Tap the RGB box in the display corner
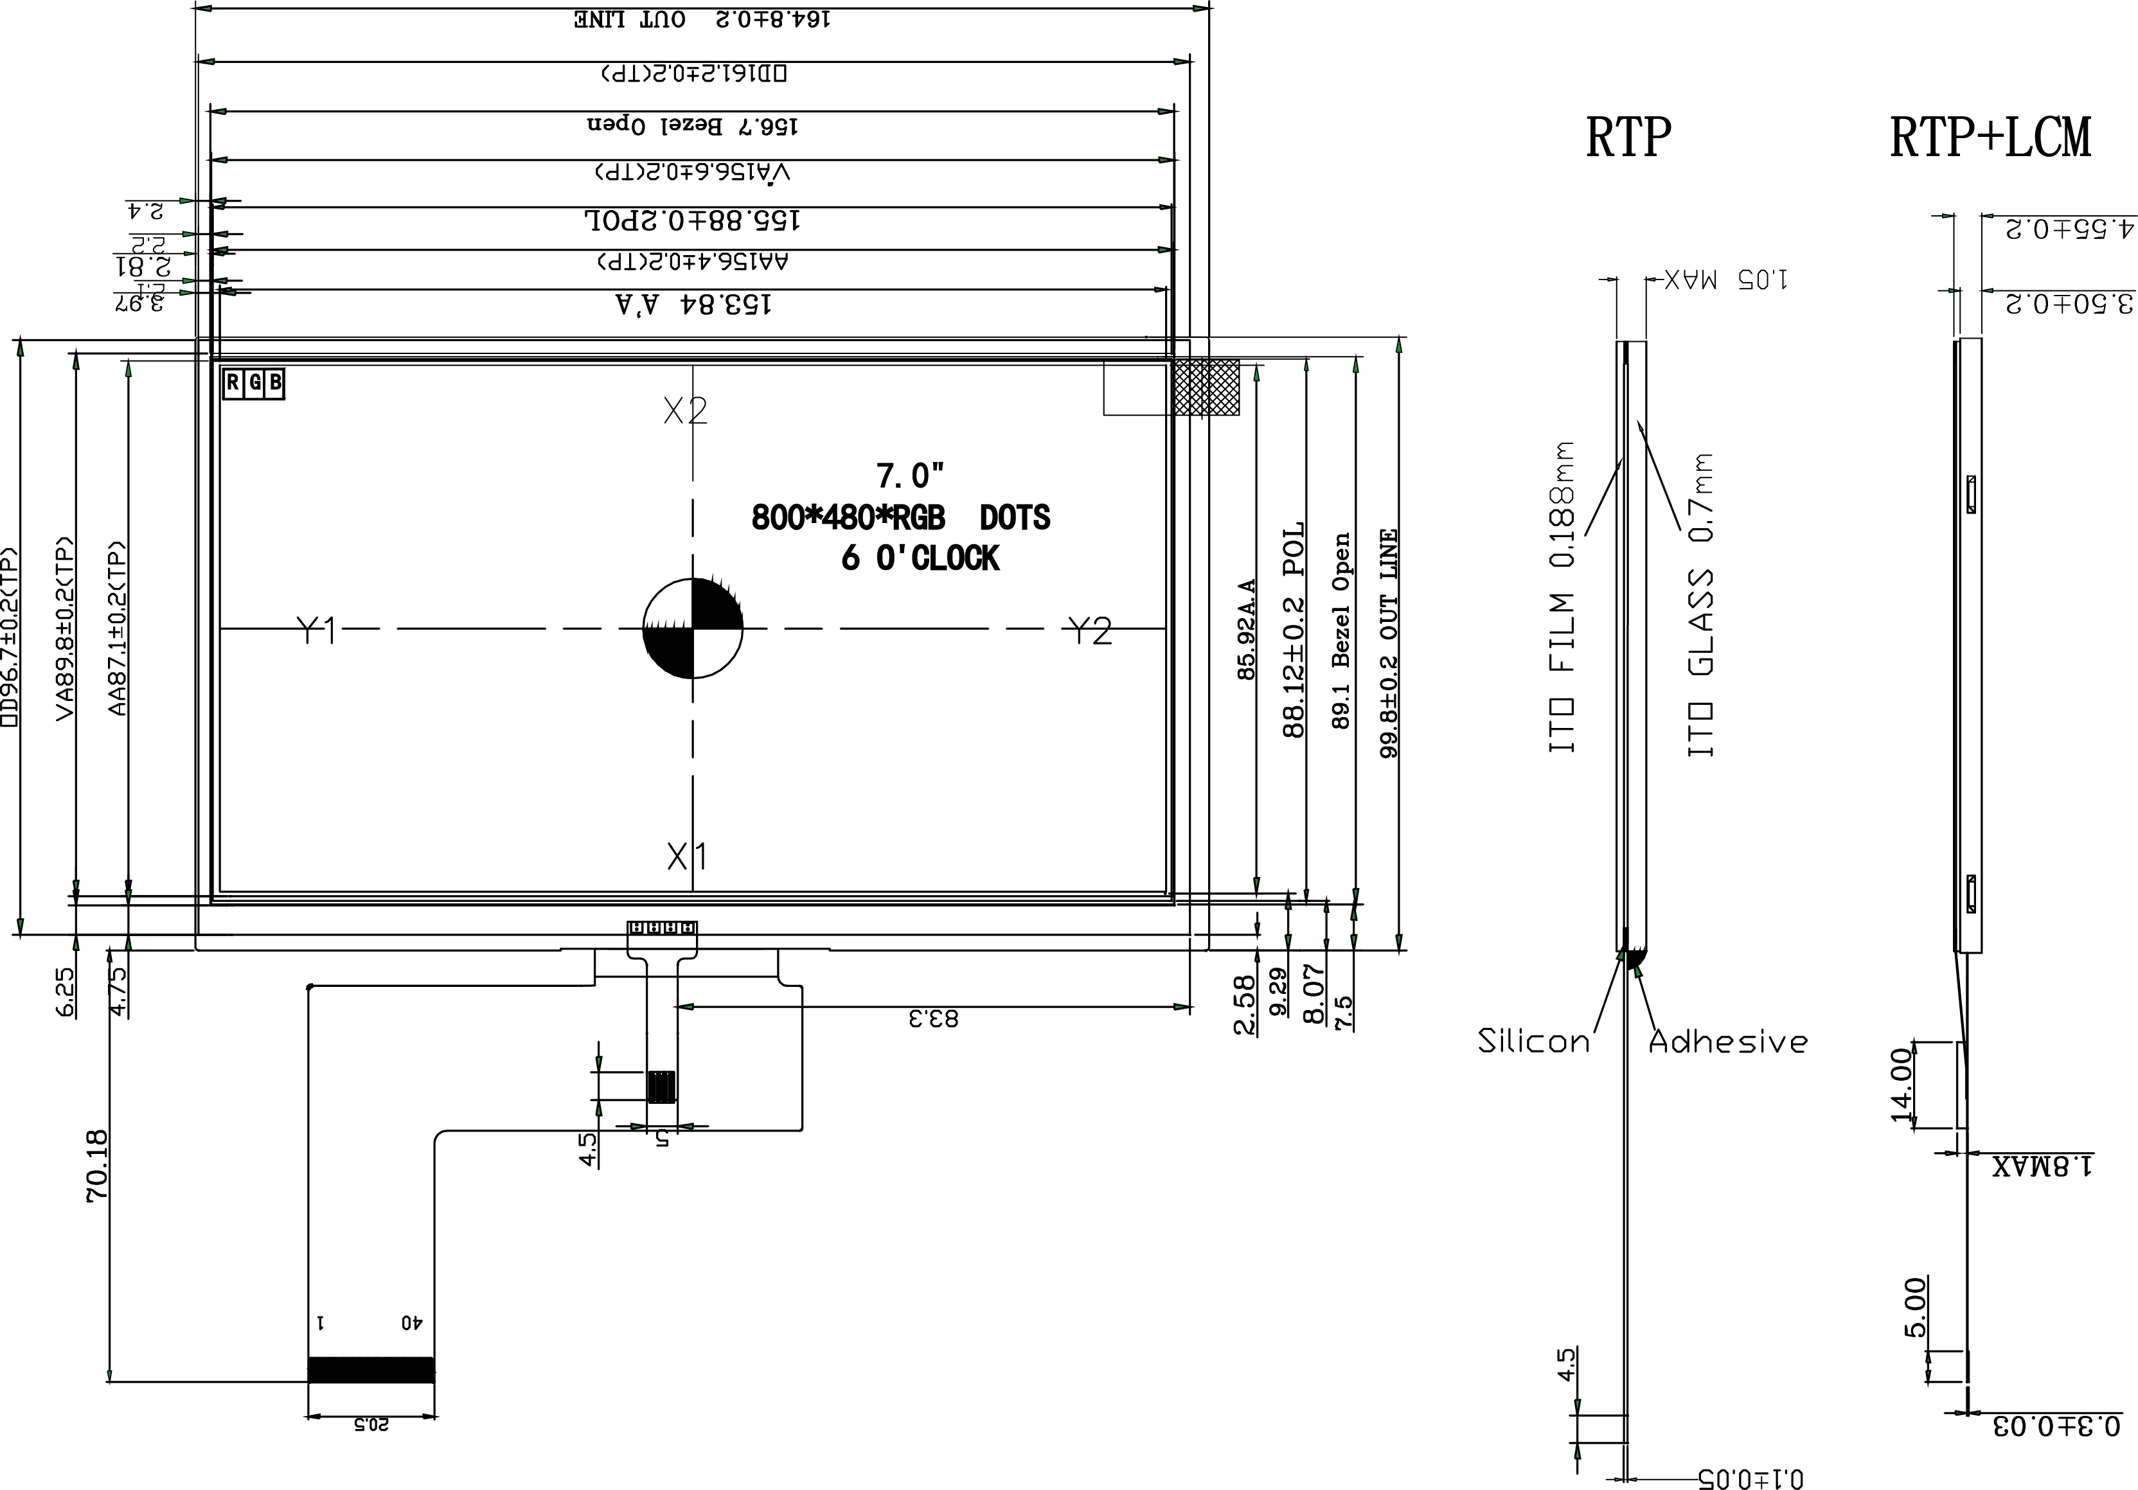[253, 383]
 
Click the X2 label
[685, 410]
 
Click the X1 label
[686, 855]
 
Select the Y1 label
[316, 630]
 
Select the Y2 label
[1089, 630]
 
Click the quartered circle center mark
[693, 628]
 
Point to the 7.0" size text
[910, 476]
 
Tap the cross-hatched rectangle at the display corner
[1207, 387]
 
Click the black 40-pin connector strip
[371, 1369]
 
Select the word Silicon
[1534, 1040]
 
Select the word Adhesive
[1727, 1041]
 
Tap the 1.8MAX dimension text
[2042, 1165]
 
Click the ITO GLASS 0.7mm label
[1700, 605]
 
